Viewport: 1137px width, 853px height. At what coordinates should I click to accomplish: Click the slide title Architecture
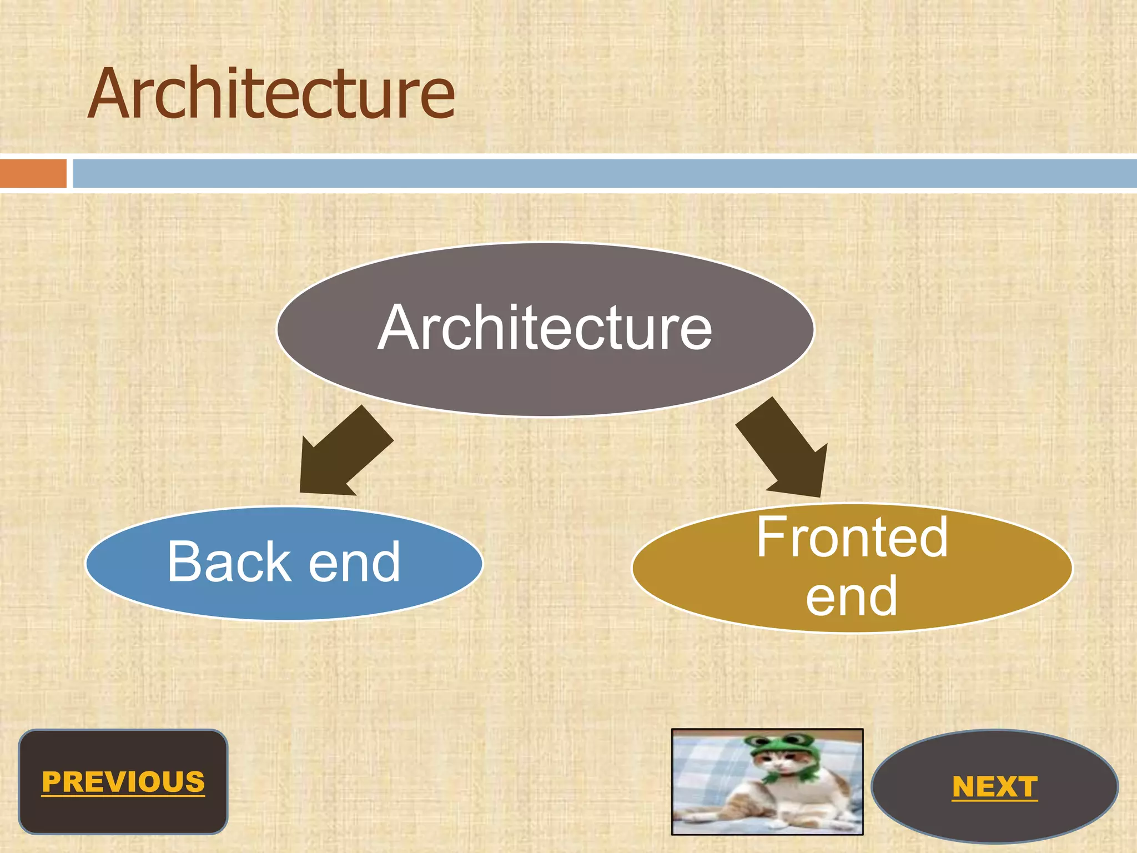point(271,93)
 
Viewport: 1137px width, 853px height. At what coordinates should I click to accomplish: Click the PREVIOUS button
point(123,782)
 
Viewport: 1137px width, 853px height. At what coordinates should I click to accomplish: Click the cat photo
point(767,782)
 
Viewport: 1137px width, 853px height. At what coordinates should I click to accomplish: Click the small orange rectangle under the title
point(33,173)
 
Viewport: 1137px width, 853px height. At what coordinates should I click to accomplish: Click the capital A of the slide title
point(111,94)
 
